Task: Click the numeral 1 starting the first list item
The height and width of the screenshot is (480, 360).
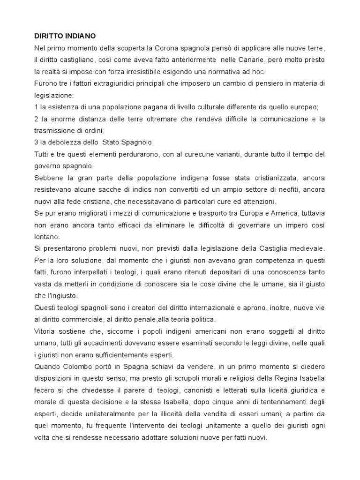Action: [x=36, y=107]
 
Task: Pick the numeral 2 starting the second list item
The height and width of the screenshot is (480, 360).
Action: [x=36, y=119]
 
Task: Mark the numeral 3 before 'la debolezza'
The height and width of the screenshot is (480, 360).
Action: [x=36, y=142]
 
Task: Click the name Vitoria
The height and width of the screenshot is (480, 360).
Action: [x=45, y=331]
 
